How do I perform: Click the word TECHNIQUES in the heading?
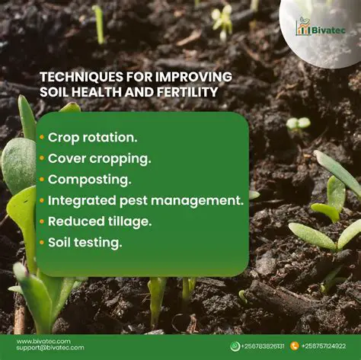coord(75,76)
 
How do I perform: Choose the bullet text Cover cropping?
coord(100,159)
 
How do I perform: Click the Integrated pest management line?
coord(145,201)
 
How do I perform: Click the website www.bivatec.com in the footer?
coord(43,341)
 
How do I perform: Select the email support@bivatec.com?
coord(50,348)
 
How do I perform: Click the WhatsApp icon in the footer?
coord(235,346)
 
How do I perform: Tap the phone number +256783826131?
coord(264,346)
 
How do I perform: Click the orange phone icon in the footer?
coord(294,346)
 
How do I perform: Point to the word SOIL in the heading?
coord(55,92)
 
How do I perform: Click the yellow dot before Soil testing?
coord(42,244)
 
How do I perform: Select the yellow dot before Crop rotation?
coord(42,138)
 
